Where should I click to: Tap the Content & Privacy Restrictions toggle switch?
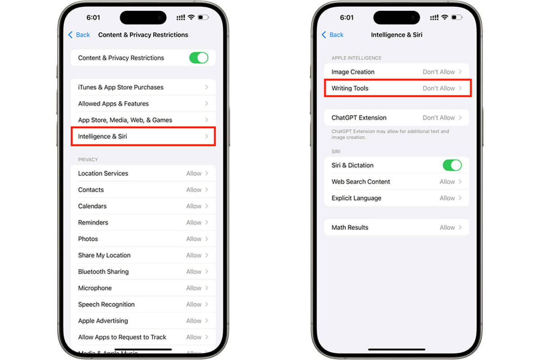(198, 58)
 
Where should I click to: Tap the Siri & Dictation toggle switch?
(452, 166)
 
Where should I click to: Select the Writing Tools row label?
(350, 88)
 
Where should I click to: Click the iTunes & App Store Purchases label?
(121, 87)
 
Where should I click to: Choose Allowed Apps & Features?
(113, 103)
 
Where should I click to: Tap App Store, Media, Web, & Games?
(125, 120)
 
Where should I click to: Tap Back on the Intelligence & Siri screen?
(333, 35)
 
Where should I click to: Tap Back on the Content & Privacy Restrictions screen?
(79, 35)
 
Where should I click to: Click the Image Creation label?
(353, 72)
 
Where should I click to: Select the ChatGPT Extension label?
(359, 117)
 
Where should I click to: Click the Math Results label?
(350, 228)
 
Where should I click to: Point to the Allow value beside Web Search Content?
(447, 182)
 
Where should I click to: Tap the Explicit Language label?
(356, 198)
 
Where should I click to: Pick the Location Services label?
(103, 174)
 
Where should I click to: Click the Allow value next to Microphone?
(193, 288)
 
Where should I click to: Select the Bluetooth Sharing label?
(103, 272)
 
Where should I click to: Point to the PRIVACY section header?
(88, 160)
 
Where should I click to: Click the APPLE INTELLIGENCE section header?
(356, 58)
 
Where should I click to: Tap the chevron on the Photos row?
(207, 239)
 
